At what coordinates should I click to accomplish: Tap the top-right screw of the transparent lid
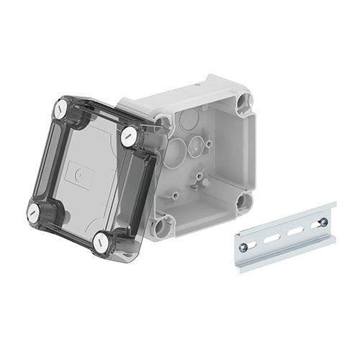click(x=130, y=133)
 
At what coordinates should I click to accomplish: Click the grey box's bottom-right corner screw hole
click(x=249, y=202)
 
